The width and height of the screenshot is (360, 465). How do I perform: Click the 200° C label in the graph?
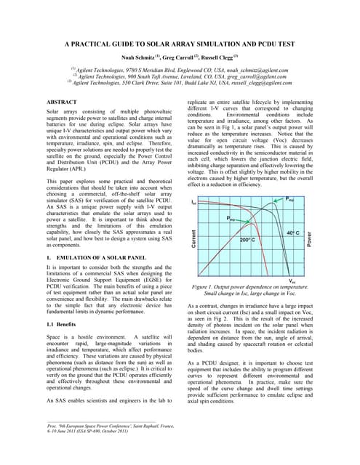pyautogui.click(x=247, y=239)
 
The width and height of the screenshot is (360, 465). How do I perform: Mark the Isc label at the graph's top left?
pyautogui.click(x=193, y=202)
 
